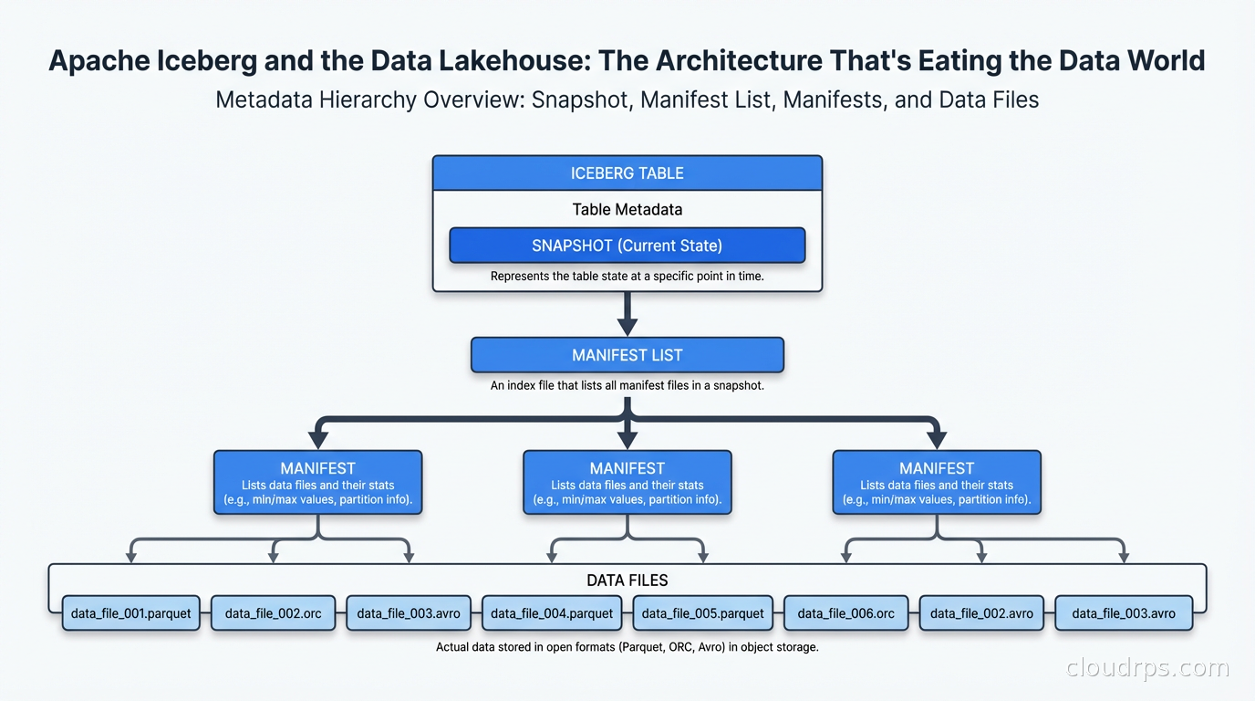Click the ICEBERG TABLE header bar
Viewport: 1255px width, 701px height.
pyautogui.click(x=627, y=173)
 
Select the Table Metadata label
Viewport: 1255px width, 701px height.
pyautogui.click(x=627, y=209)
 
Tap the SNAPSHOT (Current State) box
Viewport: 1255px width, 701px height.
pyautogui.click(x=627, y=246)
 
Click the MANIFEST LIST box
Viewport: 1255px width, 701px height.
pyautogui.click(x=627, y=355)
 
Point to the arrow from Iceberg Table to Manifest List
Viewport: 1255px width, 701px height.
pyautogui.click(x=627, y=314)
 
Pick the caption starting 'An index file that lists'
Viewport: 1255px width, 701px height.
pyautogui.click(x=627, y=385)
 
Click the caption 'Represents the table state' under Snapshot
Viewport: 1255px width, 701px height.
pyautogui.click(x=627, y=276)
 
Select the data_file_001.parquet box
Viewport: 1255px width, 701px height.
pyautogui.click(x=131, y=613)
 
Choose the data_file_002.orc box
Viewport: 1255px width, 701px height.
pyautogui.click(x=273, y=613)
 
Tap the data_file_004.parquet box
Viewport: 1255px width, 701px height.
pyautogui.click(x=552, y=613)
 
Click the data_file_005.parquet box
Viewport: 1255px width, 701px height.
pyautogui.click(x=702, y=613)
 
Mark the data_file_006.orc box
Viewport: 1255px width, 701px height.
pyautogui.click(x=845, y=613)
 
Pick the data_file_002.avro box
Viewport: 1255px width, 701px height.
pyautogui.click(x=981, y=613)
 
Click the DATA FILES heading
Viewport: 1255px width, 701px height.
pyautogui.click(x=627, y=580)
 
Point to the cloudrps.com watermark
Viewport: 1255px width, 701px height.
pyautogui.click(x=1147, y=668)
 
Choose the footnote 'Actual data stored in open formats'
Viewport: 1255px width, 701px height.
pyautogui.click(x=627, y=647)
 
